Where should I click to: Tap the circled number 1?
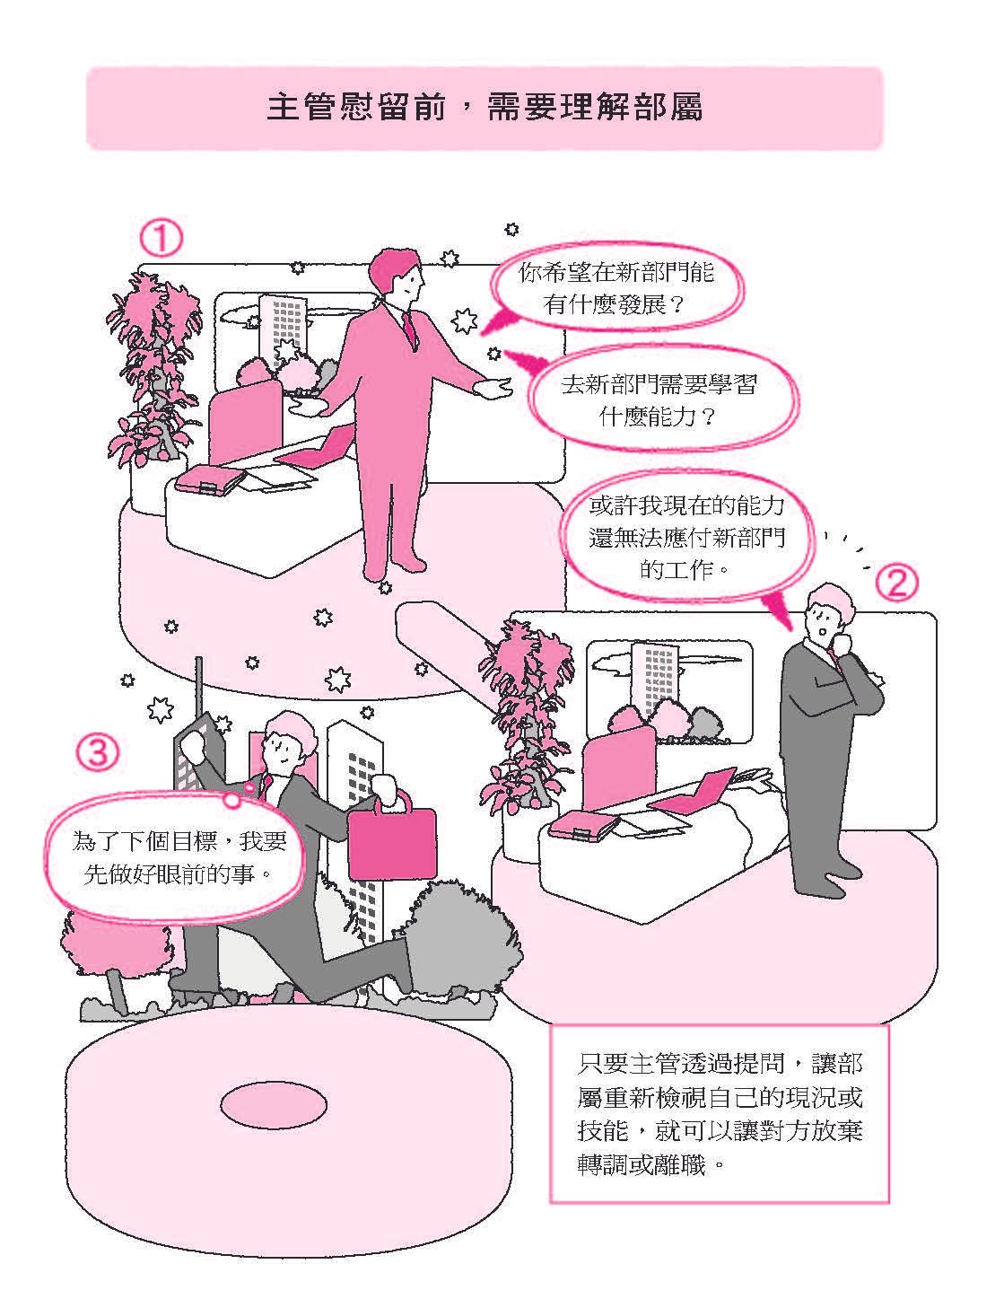[x=161, y=241]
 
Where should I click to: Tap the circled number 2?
[x=896, y=584]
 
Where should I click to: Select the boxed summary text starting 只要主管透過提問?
[x=719, y=1114]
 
